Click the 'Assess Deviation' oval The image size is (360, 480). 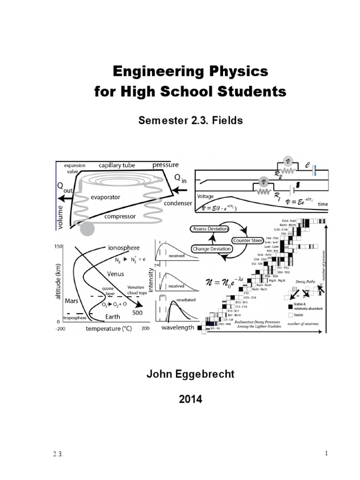(210, 229)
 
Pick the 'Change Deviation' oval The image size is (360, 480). (211, 249)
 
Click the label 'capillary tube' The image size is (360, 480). (117, 165)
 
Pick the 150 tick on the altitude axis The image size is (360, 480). (59, 247)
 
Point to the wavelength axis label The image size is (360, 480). (178, 328)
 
